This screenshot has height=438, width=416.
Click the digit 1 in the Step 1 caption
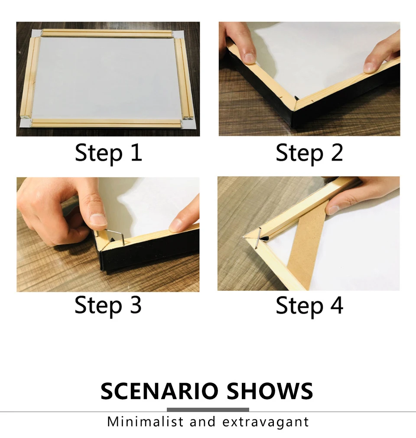(136, 152)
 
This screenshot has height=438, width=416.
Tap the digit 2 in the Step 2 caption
(337, 152)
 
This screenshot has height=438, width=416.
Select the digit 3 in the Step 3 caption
(136, 304)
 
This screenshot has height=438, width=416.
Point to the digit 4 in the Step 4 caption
(337, 305)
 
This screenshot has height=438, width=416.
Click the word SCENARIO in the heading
(159, 391)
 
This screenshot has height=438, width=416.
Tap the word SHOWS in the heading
(270, 391)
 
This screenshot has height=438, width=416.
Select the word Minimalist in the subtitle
(145, 422)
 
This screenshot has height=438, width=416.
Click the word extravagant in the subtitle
(266, 422)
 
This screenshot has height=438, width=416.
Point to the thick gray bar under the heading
(208, 409)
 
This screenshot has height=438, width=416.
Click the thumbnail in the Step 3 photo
(98, 219)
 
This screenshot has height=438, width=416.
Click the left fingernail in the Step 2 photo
(249, 58)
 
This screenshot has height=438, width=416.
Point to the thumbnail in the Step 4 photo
(332, 209)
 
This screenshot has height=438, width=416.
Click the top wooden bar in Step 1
(107, 33)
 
